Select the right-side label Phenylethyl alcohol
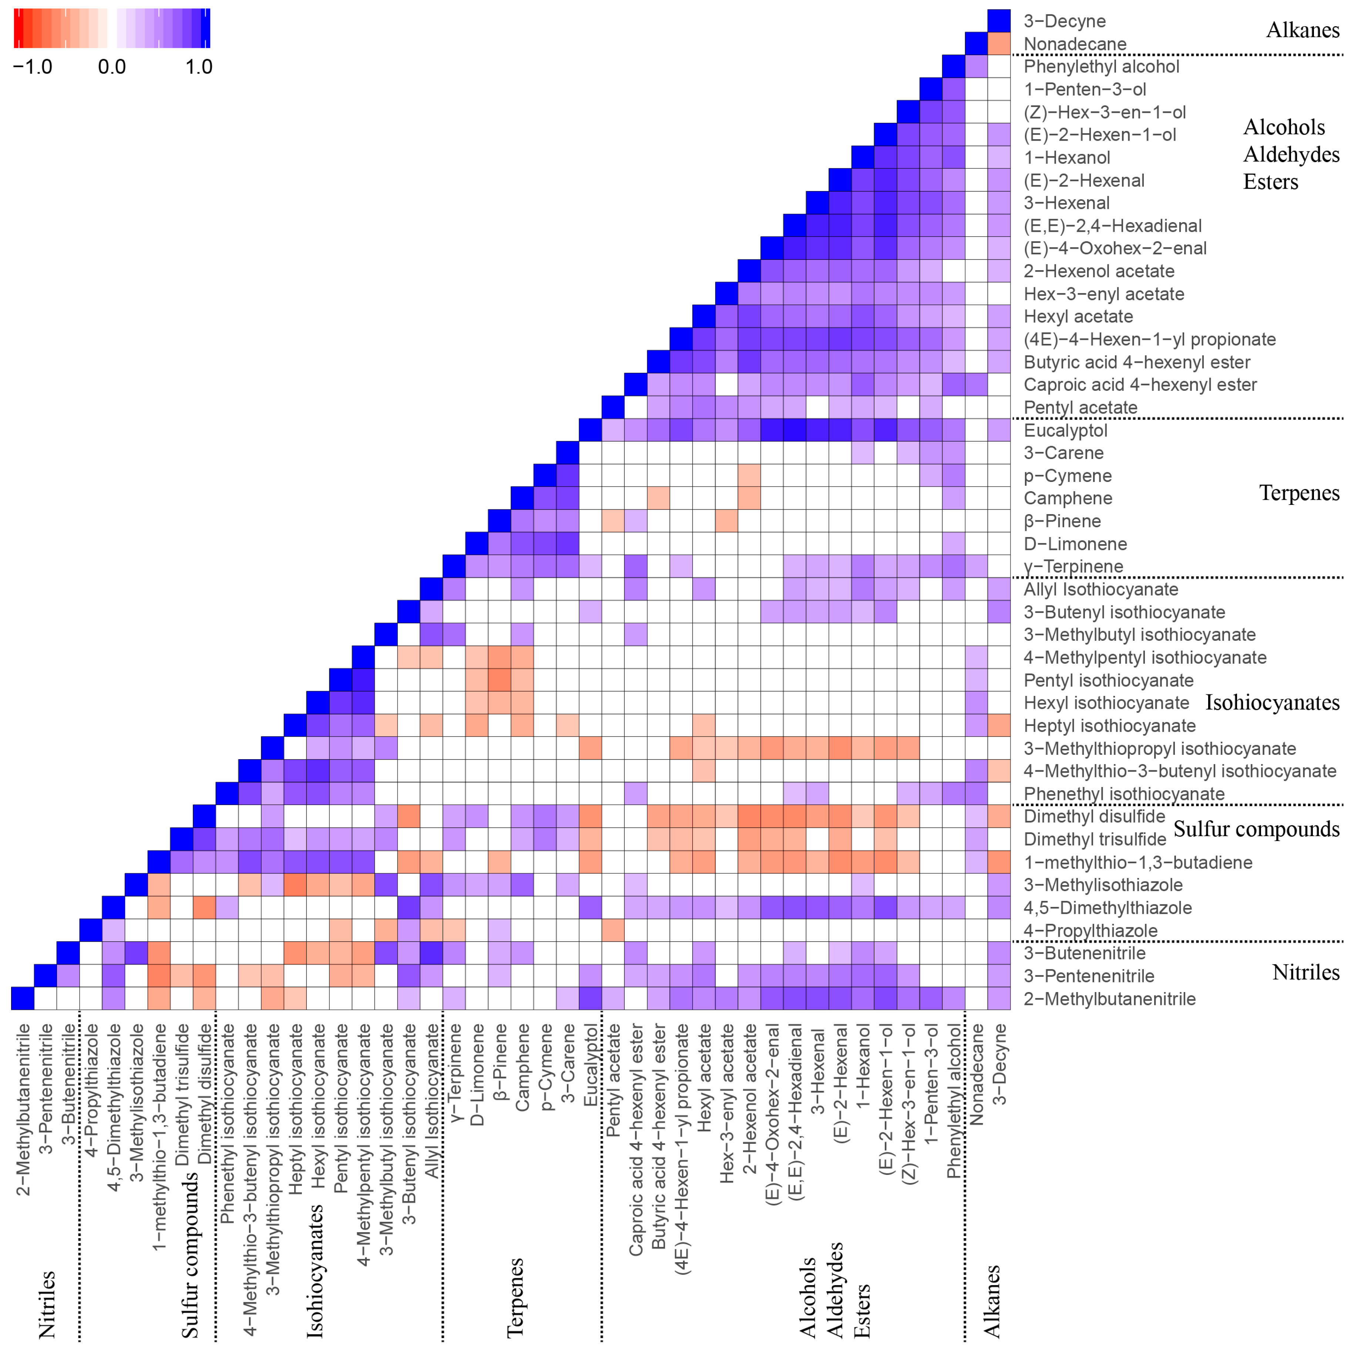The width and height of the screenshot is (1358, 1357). coord(1101,67)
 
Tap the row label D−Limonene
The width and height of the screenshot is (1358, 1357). coord(1075,544)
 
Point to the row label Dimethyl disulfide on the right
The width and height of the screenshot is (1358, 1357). coord(1094,816)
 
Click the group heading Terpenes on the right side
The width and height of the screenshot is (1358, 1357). coord(1299,493)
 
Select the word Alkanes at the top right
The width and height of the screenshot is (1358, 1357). coord(1302,30)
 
